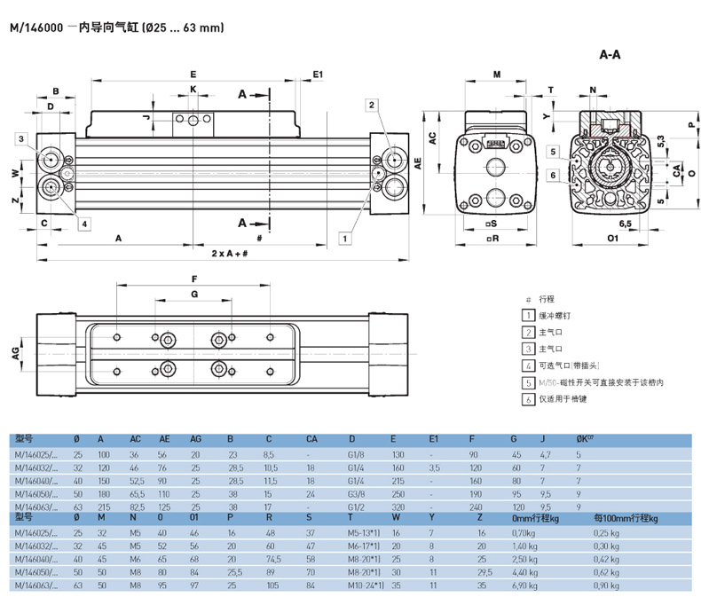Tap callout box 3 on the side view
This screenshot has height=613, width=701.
click(x=20, y=138)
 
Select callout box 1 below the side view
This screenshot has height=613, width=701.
click(x=344, y=237)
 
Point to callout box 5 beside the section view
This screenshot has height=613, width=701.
click(x=552, y=152)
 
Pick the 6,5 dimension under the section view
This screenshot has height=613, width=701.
click(x=625, y=224)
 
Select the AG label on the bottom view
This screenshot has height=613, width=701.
click(x=15, y=352)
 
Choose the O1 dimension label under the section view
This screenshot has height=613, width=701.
click(x=612, y=239)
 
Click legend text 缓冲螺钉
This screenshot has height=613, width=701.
click(x=553, y=316)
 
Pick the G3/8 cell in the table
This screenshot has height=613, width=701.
click(x=357, y=493)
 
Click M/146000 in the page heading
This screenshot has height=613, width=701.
click(x=36, y=28)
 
